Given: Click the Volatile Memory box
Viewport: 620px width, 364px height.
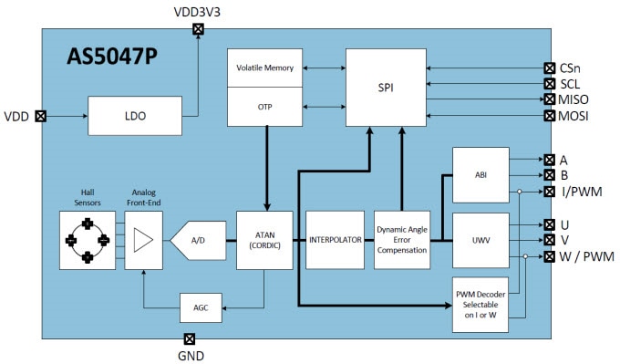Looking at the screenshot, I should [266, 68].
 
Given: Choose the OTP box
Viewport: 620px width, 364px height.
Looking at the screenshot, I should [266, 106].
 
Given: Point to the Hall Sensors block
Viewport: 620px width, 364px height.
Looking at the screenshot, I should [87, 240].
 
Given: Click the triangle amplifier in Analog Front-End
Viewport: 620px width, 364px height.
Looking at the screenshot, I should [141, 240].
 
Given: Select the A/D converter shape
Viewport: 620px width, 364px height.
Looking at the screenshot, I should [197, 241].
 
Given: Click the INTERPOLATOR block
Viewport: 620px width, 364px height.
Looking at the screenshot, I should [334, 240].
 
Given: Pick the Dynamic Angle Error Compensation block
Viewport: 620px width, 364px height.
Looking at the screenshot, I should [401, 240].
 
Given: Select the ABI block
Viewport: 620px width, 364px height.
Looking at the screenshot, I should [480, 173].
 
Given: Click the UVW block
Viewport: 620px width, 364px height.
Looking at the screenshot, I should [480, 240].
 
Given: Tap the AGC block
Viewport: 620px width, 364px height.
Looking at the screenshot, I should [201, 307].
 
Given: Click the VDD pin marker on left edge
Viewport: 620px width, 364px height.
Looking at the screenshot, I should [40, 117].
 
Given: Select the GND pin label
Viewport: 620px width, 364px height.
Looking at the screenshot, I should [190, 356].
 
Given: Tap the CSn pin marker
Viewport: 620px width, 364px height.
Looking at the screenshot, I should [549, 68].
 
